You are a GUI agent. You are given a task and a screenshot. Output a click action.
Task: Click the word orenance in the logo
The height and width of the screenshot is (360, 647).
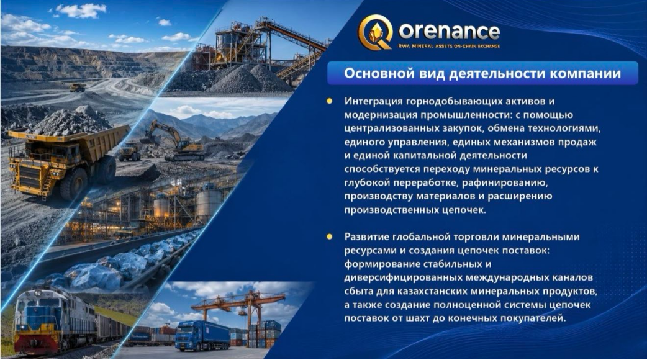pos(450,31)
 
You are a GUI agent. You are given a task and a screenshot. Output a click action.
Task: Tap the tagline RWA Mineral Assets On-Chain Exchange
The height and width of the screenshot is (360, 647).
pos(450,46)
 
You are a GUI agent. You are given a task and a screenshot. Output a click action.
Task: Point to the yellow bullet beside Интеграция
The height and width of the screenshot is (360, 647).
pos(329,101)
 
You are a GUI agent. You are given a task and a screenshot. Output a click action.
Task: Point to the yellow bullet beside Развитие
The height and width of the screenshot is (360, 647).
pos(329,236)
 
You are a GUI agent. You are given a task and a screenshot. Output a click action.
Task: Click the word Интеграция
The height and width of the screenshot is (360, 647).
pos(373,101)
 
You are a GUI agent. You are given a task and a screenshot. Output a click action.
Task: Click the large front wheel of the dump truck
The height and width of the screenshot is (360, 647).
pos(73,184)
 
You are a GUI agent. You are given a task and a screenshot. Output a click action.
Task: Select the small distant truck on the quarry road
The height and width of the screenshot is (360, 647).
pos(78,88)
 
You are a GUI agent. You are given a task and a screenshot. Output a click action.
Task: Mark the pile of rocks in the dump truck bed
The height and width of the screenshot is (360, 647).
pos(69,122)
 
